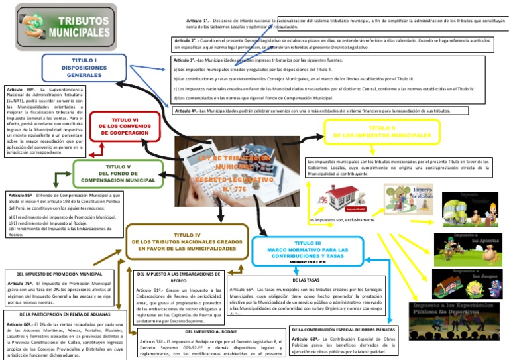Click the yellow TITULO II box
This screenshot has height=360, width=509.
[x=373, y=131]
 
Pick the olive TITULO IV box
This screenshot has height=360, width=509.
[x=187, y=241]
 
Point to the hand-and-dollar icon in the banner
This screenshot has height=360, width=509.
[x=30, y=28]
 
